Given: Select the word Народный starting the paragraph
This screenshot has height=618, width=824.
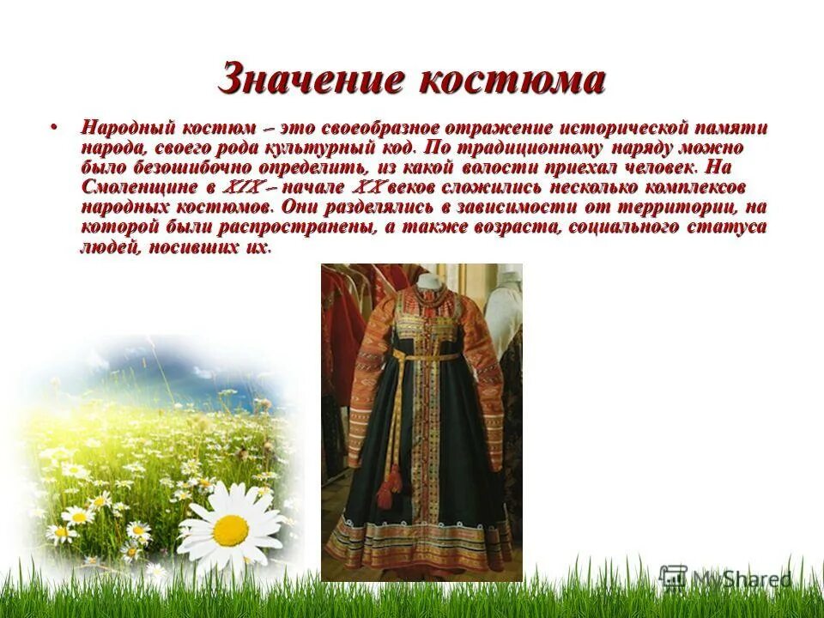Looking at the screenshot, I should tap(127, 128).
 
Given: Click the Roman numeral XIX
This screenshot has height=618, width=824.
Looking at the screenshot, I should tap(239, 187).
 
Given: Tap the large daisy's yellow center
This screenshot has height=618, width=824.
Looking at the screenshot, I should tap(230, 530).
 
